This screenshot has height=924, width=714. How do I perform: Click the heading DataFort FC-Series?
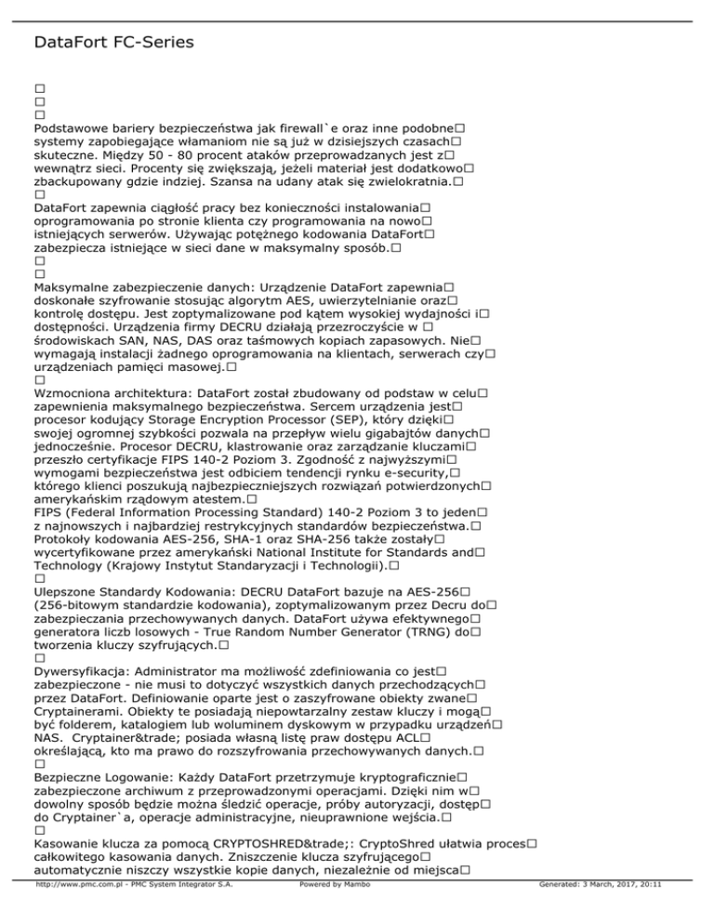click(x=112, y=43)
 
